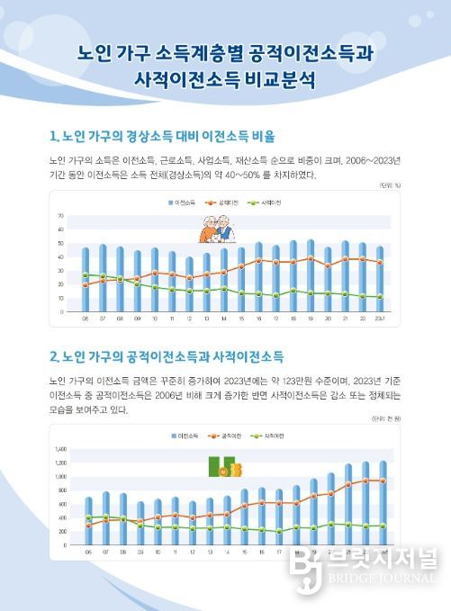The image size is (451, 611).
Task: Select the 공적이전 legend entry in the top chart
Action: click(226, 204)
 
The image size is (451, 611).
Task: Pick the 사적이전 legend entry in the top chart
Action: click(266, 204)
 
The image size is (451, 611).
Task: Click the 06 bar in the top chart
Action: click(86, 279)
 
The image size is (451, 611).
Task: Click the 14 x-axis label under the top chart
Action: click(223, 318)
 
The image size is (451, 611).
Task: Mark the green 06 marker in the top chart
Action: click(86, 274)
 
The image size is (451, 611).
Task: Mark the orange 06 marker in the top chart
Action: click(86, 285)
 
